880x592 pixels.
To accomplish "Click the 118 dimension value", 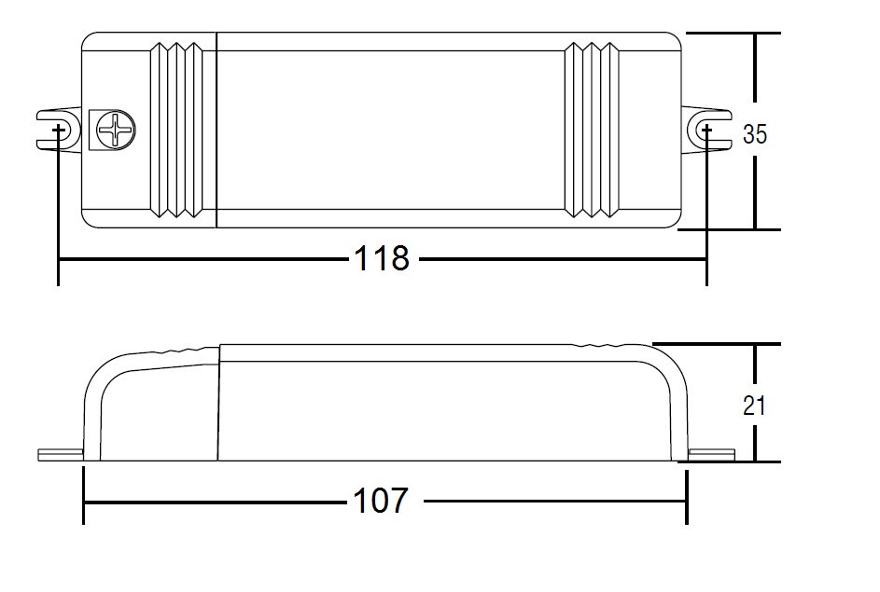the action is pyautogui.click(x=382, y=259).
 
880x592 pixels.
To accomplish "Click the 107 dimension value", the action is pyautogui.click(x=381, y=501).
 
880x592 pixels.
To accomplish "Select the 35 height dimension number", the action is pyautogui.click(x=754, y=134).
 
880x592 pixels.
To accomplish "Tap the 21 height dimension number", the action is pyautogui.click(x=754, y=406).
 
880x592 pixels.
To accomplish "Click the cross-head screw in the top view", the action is pyautogui.click(x=116, y=131).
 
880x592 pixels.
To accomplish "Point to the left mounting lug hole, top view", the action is pyautogui.click(x=59, y=131).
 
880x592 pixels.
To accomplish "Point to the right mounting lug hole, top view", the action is pyautogui.click(x=706, y=131).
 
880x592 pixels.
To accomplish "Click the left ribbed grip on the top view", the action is pyautogui.click(x=176, y=131).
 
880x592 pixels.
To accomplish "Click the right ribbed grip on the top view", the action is pyautogui.click(x=592, y=131).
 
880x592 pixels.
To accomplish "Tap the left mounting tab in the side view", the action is pyautogui.click(x=61, y=455).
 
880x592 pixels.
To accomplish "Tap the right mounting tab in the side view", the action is pyautogui.click(x=712, y=455).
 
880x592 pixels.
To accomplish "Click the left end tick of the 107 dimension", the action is pyautogui.click(x=84, y=496).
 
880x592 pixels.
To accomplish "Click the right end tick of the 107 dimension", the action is pyautogui.click(x=687, y=496).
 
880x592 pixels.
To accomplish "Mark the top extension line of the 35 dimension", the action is pyautogui.click(x=733, y=33).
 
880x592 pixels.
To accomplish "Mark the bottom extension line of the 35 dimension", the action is pyautogui.click(x=729, y=229).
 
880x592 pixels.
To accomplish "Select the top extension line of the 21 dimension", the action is pyautogui.click(x=716, y=344).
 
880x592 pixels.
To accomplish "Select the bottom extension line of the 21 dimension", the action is pyautogui.click(x=729, y=461).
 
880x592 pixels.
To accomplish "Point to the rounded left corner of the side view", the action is pyautogui.click(x=104, y=369).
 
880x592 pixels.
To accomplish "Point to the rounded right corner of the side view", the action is pyautogui.click(x=671, y=367).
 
